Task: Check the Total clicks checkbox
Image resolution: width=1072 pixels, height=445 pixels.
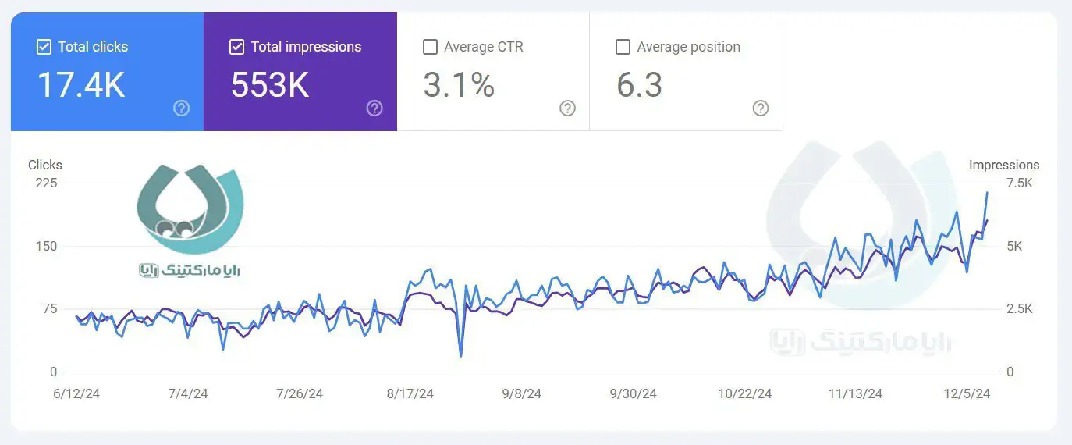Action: coord(44,47)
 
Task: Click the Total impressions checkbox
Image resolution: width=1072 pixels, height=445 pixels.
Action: coord(237,47)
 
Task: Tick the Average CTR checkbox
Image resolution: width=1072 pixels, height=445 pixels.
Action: coord(430,47)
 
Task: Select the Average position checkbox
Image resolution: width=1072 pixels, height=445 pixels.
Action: coord(623,47)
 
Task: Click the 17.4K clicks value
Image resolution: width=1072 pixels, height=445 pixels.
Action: coord(81,84)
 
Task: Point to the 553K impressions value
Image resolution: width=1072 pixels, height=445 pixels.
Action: coord(270,84)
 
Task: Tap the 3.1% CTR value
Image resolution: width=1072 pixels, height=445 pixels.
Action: coord(459,84)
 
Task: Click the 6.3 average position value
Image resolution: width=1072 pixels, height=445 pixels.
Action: coord(639,84)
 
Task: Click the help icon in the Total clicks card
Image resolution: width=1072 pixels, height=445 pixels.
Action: coord(182,109)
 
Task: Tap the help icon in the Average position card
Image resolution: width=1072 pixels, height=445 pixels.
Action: coord(761,109)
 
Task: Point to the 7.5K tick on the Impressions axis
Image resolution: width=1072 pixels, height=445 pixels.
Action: coord(1020,183)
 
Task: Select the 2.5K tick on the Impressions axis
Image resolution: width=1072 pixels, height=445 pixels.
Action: coord(1020,309)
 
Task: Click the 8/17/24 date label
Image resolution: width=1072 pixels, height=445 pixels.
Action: coord(410,393)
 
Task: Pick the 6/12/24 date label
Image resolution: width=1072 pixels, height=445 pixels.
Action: coord(76,393)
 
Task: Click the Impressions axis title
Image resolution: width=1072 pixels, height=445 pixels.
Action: coord(1004,165)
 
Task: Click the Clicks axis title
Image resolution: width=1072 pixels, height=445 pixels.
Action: coord(45,165)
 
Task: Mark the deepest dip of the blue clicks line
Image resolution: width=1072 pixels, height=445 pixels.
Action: coord(461,356)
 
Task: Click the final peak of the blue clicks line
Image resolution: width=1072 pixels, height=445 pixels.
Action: coord(987,192)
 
